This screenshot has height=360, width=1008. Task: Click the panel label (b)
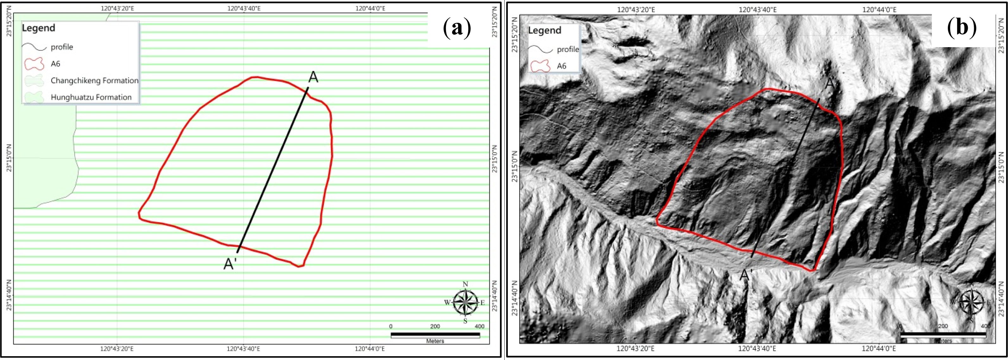pyautogui.click(x=961, y=28)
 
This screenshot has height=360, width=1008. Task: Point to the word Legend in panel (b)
pyautogui.click(x=544, y=30)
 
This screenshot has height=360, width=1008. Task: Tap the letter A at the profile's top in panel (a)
pyautogui.click(x=313, y=77)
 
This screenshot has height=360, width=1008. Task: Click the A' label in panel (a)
pyautogui.click(x=230, y=264)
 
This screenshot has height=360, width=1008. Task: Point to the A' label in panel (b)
pyautogui.click(x=746, y=275)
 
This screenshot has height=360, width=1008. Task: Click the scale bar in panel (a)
pyautogui.click(x=435, y=335)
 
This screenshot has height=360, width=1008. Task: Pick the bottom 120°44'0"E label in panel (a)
pyautogui.click(x=370, y=349)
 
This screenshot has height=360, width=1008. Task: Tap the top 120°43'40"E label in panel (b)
pyautogui.click(x=758, y=9)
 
